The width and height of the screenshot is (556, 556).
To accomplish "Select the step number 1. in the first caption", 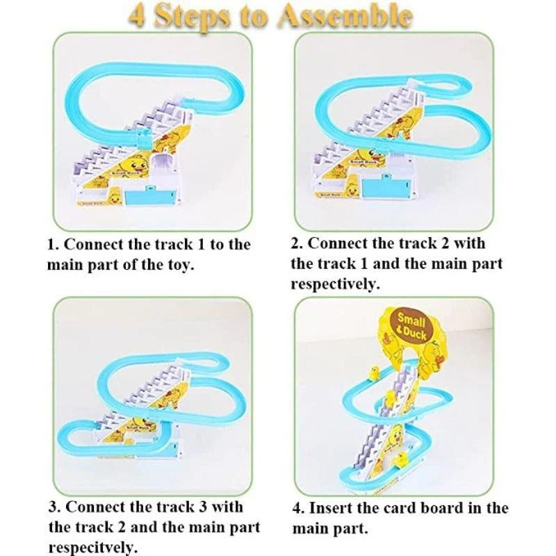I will (53, 245).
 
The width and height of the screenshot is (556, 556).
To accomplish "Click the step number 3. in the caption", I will (54, 506).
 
